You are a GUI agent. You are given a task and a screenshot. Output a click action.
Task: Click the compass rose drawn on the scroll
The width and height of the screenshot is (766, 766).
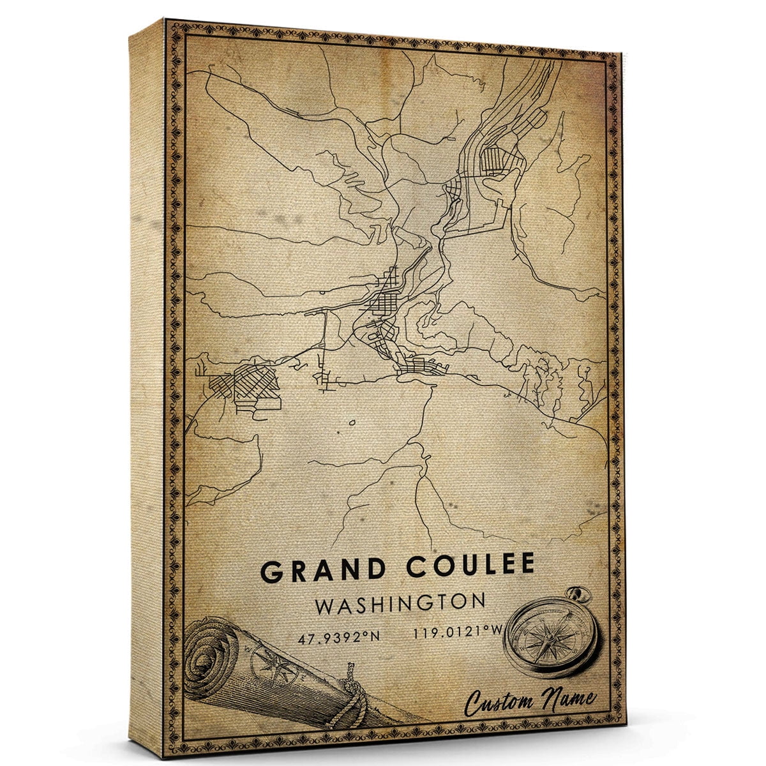pos(266,659)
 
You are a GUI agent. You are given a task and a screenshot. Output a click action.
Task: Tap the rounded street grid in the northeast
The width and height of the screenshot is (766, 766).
pos(495,157)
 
